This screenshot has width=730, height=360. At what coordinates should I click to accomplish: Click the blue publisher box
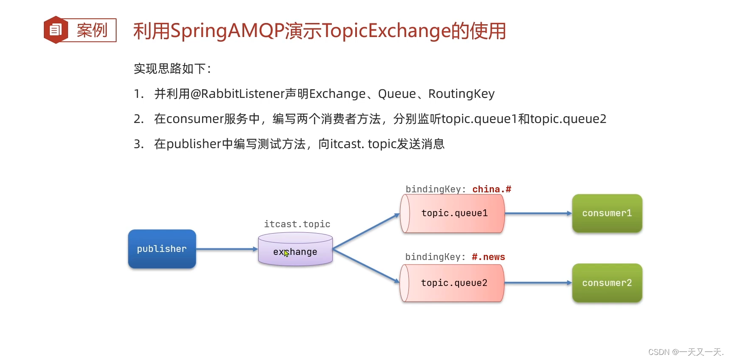pos(162,249)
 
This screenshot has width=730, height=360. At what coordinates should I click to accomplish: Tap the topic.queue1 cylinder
pos(453,213)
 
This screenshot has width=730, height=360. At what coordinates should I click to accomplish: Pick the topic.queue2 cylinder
pos(453,283)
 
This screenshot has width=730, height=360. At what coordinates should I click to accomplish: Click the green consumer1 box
pos(607,213)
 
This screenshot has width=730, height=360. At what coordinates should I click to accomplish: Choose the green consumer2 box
pos(607,283)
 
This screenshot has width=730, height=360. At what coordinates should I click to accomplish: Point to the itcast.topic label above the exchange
pos(297,224)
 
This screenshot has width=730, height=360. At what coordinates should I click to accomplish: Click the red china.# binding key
pos(491,189)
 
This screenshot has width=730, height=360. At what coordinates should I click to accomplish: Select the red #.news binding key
pos(488,257)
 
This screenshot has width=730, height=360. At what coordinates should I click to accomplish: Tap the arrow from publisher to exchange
pos(227,249)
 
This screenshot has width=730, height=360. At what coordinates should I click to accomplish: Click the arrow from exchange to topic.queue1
pos(366,231)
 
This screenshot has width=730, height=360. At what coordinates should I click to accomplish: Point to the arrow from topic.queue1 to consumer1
pos(538,213)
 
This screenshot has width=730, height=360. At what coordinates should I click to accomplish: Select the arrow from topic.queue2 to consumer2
pos(538,283)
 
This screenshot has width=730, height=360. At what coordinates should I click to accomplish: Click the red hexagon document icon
pos(56,30)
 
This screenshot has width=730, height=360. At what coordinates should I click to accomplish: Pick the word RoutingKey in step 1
pos(461,94)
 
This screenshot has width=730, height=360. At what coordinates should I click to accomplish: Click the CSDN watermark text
pos(685,352)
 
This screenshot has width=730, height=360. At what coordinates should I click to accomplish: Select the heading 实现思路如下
pos(172,69)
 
